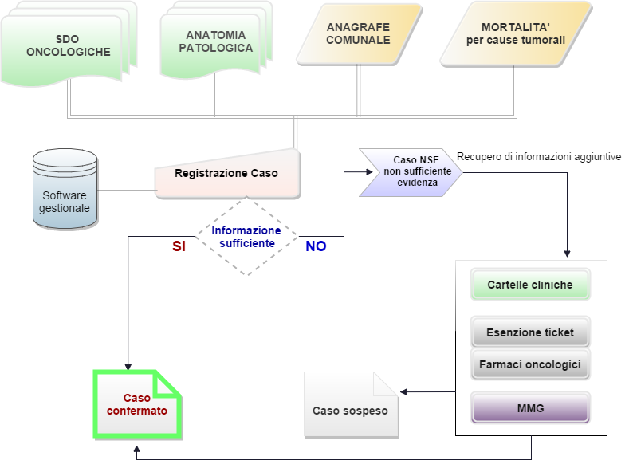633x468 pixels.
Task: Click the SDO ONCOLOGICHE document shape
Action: click(x=67, y=46)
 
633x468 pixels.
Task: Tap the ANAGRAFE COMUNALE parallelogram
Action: click(x=359, y=34)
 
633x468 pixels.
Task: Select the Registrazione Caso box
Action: click(x=226, y=173)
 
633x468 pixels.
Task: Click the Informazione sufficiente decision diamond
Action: click(x=246, y=237)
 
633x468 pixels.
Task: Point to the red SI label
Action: click(x=179, y=247)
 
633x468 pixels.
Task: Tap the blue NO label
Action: click(x=316, y=247)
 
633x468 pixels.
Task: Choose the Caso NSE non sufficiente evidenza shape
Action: click(x=411, y=171)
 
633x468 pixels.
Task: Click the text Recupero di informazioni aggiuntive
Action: click(x=538, y=157)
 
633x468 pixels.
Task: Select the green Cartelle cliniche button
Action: click(x=529, y=285)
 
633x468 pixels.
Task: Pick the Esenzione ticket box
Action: click(x=529, y=332)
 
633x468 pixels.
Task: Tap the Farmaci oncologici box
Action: click(x=529, y=364)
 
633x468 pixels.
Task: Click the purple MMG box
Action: click(x=529, y=408)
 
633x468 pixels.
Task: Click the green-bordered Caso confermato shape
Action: click(x=138, y=405)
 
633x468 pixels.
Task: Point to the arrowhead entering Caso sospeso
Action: click(x=403, y=391)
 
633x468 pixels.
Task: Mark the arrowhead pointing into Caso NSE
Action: click(x=356, y=171)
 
